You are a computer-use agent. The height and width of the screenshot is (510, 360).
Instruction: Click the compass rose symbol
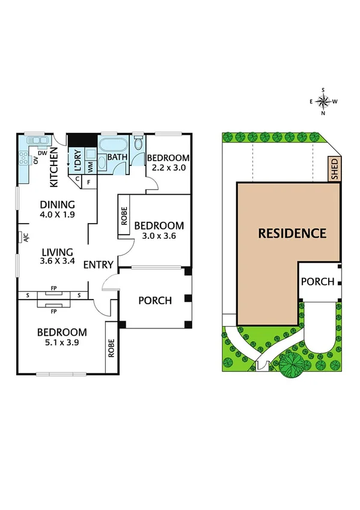[x=323, y=101]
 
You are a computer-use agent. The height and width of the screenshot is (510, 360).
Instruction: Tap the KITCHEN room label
[x=53, y=169]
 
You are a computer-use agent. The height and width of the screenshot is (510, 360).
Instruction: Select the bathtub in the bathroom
[x=112, y=146]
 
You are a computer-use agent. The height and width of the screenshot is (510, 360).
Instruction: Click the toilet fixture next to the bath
[x=138, y=143]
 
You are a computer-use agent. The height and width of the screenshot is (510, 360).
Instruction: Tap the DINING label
[x=58, y=204]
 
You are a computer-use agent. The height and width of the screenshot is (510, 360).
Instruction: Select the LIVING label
[x=57, y=252]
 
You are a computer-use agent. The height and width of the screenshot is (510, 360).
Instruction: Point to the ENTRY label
[x=98, y=265]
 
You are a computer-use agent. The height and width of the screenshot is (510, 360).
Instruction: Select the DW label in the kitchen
[x=41, y=153]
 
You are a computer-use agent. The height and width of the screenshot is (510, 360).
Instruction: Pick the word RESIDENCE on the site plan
[x=291, y=233]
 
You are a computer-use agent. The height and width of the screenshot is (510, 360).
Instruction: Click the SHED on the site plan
[x=334, y=170]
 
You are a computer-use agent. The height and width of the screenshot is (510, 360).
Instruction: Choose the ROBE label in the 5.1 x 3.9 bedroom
[x=112, y=349]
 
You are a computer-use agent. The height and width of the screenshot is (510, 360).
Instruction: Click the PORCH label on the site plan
[x=317, y=281]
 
